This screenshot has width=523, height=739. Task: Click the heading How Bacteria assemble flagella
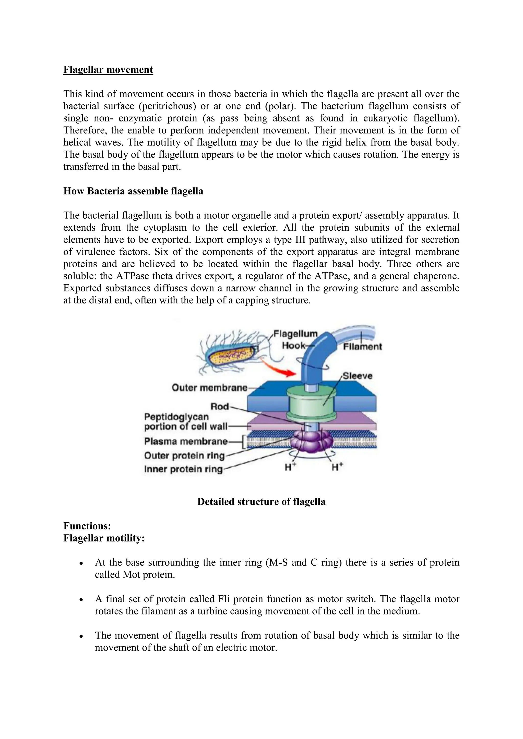133,191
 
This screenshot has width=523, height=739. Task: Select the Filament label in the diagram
362,347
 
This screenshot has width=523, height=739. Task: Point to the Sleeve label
357,376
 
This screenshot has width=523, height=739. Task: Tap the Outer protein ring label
184,455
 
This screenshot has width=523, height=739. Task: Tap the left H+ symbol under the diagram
290,467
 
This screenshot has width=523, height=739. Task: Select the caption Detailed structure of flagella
261,502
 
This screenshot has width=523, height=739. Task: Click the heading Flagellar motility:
104,538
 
